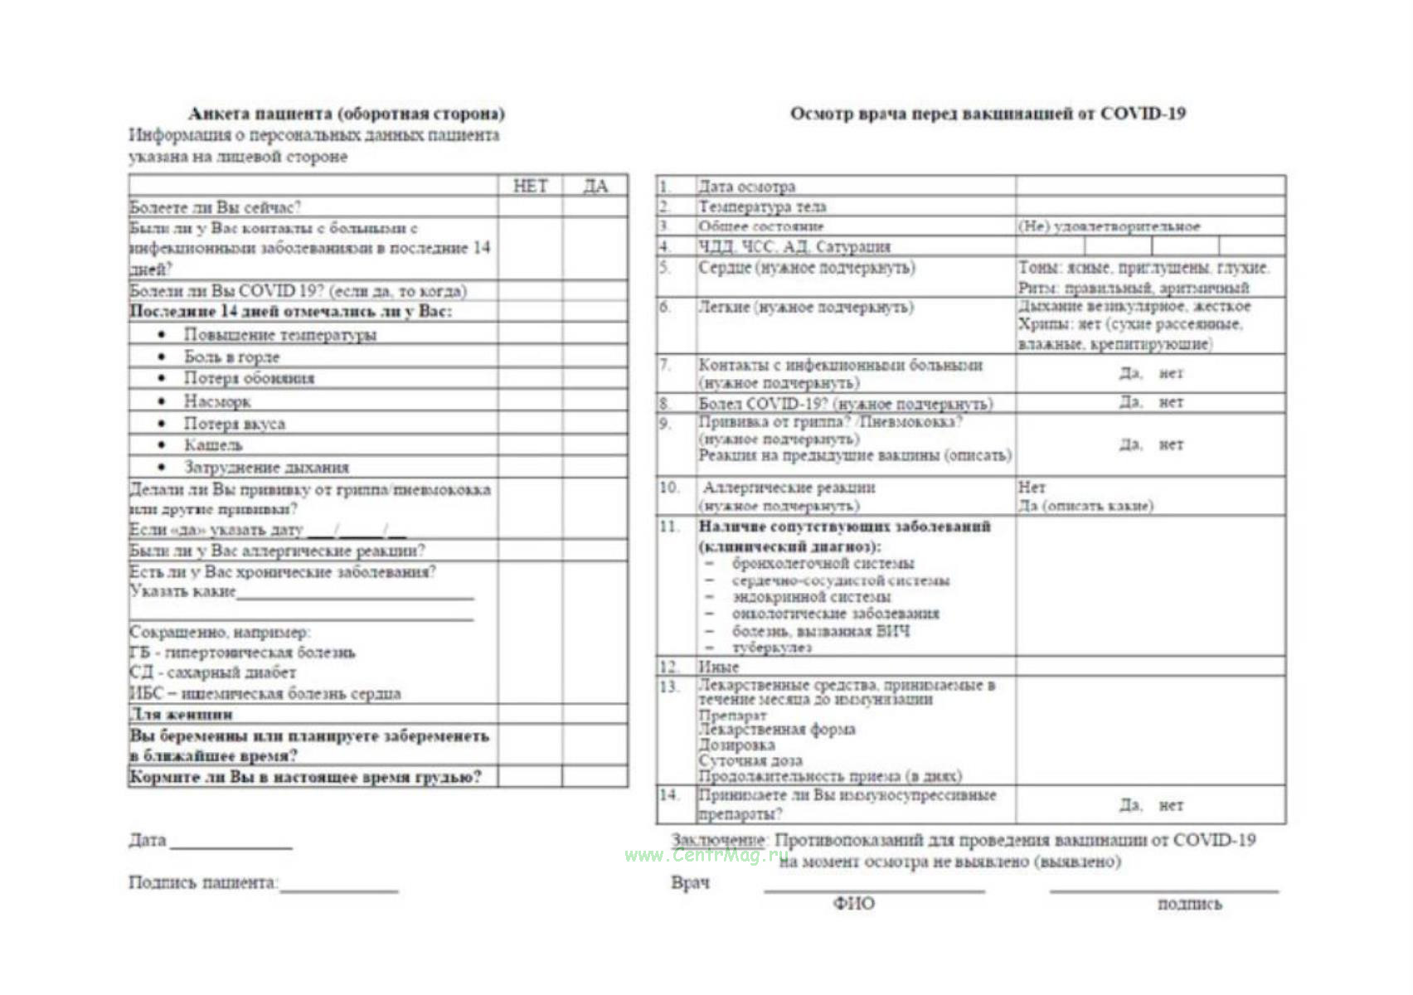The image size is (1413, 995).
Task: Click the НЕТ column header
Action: click(x=530, y=186)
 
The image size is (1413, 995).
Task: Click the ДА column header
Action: click(x=595, y=186)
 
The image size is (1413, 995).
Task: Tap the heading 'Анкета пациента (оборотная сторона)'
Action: click(x=346, y=114)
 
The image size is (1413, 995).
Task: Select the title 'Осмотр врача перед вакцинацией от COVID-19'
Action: click(x=987, y=114)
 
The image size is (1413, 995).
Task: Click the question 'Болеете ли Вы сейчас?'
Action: click(x=216, y=207)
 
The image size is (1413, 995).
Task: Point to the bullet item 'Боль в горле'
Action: click(x=231, y=357)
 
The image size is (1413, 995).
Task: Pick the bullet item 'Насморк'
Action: click(x=217, y=401)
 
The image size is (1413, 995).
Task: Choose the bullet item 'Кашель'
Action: click(x=213, y=445)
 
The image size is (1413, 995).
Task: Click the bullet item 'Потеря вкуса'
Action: click(x=234, y=424)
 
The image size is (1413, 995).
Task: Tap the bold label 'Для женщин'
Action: click(x=182, y=714)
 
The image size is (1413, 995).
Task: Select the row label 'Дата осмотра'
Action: click(x=746, y=187)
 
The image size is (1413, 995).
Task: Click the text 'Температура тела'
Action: click(x=762, y=206)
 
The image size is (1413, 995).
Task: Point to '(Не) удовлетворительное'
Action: click(x=1109, y=226)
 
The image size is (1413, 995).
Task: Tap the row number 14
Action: click(x=668, y=795)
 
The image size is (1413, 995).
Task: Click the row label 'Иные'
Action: click(x=718, y=667)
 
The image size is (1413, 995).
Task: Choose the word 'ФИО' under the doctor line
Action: click(x=853, y=904)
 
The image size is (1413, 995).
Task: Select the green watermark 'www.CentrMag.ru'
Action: click(x=706, y=856)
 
